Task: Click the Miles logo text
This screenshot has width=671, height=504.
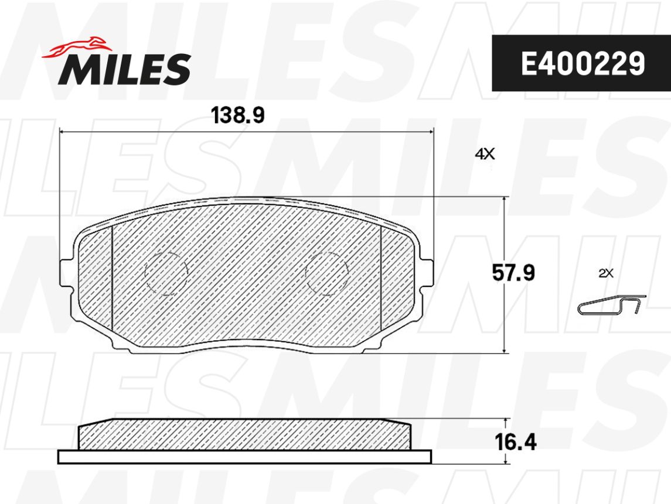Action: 124,69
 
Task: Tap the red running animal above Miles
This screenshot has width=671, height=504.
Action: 77,46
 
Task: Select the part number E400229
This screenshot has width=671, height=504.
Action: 583,63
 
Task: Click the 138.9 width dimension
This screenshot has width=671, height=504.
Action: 239,115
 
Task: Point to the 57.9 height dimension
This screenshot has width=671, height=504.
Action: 513,273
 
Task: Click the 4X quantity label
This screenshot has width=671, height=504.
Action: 485,154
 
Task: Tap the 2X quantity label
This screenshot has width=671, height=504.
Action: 606,273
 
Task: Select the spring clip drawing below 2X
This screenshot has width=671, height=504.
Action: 611,305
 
